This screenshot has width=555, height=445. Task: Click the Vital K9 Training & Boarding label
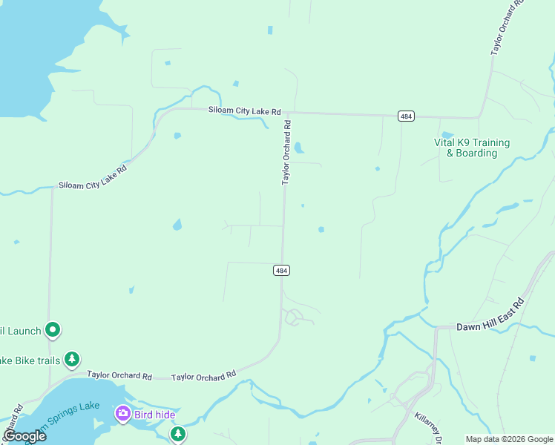click(x=471, y=148)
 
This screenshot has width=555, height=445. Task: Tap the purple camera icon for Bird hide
click(x=122, y=413)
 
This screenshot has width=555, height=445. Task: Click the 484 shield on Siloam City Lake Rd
click(x=406, y=116)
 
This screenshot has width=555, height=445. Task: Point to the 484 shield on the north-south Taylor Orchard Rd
click(x=281, y=271)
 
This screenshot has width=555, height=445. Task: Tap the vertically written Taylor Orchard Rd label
click(x=286, y=154)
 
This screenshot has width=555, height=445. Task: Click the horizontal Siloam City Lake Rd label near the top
click(x=244, y=111)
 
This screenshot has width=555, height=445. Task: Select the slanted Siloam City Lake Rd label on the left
click(x=93, y=179)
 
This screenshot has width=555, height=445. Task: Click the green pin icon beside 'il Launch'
click(x=52, y=329)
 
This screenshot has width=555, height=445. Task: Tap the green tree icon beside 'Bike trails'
click(x=71, y=360)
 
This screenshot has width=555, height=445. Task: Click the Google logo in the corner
click(x=24, y=436)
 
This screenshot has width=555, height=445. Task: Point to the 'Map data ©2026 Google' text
click(x=508, y=439)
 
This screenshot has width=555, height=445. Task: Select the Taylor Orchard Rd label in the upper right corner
click(x=508, y=28)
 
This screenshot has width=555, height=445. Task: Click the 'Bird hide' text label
click(x=154, y=415)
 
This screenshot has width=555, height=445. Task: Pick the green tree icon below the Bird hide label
click(x=177, y=433)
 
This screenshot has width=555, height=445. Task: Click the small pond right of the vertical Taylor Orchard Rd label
click(x=299, y=148)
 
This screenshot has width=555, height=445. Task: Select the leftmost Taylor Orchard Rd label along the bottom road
click(x=119, y=376)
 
